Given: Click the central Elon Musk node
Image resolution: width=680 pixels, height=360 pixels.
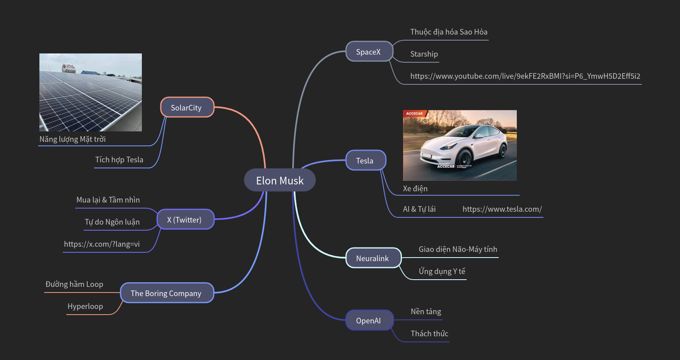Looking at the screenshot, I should pyautogui.click(x=280, y=180).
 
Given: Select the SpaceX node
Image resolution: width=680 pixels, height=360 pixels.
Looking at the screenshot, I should pyautogui.click(x=369, y=52).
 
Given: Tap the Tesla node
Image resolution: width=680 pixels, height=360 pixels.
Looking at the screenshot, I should pyautogui.click(x=365, y=161).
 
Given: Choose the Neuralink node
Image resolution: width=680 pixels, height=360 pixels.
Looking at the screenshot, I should pyautogui.click(x=373, y=258).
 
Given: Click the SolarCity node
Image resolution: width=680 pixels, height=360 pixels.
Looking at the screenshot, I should pyautogui.click(x=186, y=108).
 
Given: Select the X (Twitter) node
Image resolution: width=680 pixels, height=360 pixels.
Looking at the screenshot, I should pyautogui.click(x=185, y=220).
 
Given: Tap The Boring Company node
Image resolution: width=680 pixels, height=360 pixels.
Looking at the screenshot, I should pyautogui.click(x=166, y=293).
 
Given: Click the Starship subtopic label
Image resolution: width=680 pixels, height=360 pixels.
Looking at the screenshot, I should pyautogui.click(x=424, y=54).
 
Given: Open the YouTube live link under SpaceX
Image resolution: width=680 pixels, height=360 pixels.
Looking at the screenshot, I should pyautogui.click(x=525, y=76).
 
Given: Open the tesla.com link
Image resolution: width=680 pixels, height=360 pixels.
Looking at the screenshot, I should pyautogui.click(x=502, y=209).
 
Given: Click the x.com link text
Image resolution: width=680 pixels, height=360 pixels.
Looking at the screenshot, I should pyautogui.click(x=102, y=244).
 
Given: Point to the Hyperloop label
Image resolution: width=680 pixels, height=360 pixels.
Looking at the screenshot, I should pyautogui.click(x=85, y=306).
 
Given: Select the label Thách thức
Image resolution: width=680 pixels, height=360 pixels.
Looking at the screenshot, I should pyautogui.click(x=429, y=333).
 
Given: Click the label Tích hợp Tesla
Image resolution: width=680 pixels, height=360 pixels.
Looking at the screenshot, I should pyautogui.click(x=119, y=160).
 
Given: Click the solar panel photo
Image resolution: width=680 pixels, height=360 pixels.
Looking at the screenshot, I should pyautogui.click(x=90, y=92).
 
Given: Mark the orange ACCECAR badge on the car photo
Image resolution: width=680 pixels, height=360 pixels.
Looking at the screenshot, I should pyautogui.click(x=414, y=114).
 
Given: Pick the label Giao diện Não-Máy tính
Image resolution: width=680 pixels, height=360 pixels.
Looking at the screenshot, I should pyautogui.click(x=458, y=249).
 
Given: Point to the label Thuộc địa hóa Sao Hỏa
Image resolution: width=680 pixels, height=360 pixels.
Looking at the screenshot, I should pyautogui.click(x=449, y=32).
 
